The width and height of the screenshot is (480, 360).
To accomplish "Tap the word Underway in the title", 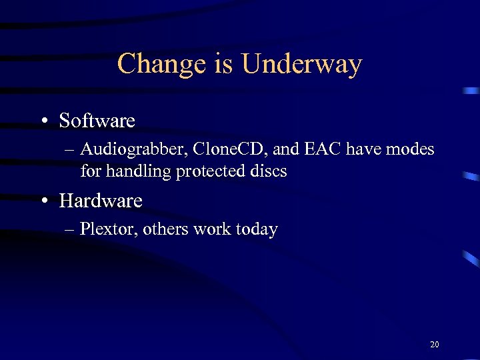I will pos(302,65).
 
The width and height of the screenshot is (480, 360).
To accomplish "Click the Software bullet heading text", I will pos(97,121).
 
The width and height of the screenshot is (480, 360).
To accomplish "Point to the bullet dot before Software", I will pos(43,121).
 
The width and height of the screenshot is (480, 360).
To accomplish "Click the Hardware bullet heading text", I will pos(101,200).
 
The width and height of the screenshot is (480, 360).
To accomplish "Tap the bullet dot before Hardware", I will pos(43,201).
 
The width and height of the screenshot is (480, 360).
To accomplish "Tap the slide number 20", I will pos(435,345).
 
